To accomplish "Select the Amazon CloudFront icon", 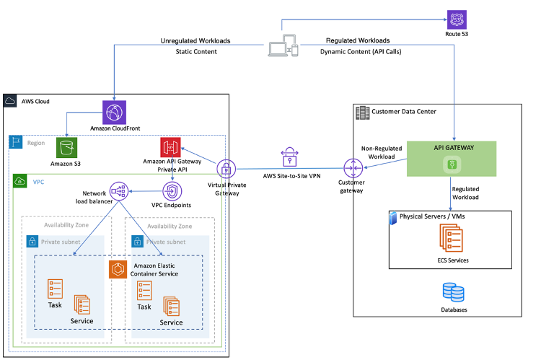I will tap(114, 112).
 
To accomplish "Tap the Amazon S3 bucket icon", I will tap(66, 147).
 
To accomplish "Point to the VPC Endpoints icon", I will tap(171, 190).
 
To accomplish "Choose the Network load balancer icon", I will tap(119, 190).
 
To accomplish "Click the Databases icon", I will tap(452, 293).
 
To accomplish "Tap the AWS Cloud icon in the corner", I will tap(11, 101).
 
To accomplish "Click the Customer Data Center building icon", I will tap(361, 112).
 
